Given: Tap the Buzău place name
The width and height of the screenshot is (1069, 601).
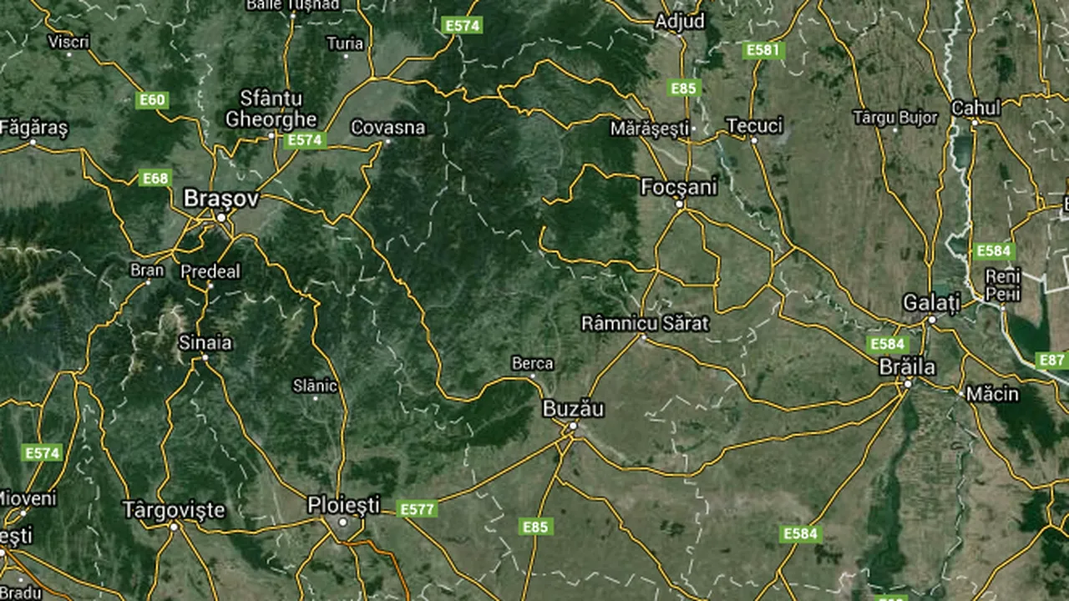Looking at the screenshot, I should point(573,409).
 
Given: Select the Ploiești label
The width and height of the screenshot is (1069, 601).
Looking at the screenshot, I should point(343,505).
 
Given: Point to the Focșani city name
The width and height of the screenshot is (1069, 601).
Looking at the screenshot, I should point(679,187).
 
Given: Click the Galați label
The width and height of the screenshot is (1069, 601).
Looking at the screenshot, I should point(931,302).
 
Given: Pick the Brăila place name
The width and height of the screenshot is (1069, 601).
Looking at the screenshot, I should point(907,367).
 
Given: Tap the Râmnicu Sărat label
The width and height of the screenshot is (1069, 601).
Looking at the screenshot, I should point(645,323).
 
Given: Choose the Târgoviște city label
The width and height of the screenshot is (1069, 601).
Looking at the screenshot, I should point(174,509).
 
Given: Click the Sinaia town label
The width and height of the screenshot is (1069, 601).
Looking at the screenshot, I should point(205,342).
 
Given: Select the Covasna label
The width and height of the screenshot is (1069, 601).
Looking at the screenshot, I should point(388,128).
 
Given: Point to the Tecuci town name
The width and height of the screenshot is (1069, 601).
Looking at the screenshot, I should point(754,125).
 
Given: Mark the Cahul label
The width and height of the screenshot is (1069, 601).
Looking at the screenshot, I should point(975,108).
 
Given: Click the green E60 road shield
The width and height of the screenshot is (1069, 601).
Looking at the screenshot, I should point(152,100).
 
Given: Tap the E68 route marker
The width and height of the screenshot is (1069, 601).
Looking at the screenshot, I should point(155,178).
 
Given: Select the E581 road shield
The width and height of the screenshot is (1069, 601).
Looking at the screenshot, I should point(762,50).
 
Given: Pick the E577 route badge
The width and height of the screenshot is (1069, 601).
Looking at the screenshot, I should point(417,508).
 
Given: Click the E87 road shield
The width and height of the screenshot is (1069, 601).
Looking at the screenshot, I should point(1052,360).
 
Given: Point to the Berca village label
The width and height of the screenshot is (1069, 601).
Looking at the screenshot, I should point(532,363).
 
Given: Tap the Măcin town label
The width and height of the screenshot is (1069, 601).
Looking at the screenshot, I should point(991,393).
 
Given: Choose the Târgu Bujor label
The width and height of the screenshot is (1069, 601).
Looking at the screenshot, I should point(895,118).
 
